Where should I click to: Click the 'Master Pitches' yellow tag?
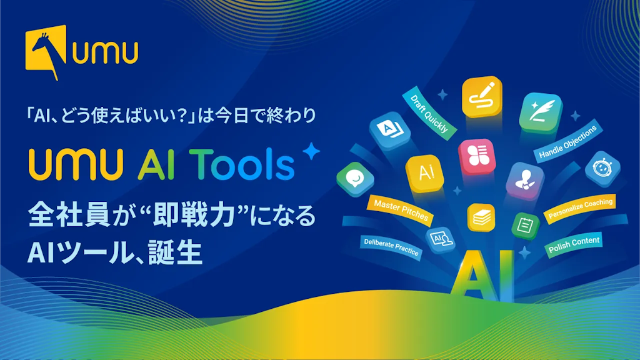(x=401, y=209)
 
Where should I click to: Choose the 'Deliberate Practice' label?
(x=391, y=247)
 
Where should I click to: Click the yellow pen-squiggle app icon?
(x=482, y=97)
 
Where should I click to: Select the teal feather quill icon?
(x=539, y=112)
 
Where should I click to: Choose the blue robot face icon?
(x=602, y=169)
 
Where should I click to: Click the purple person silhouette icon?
(x=525, y=182)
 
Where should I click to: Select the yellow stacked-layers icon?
(x=481, y=218)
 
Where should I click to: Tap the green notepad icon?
(x=525, y=225)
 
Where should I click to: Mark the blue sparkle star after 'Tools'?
(x=309, y=152)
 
